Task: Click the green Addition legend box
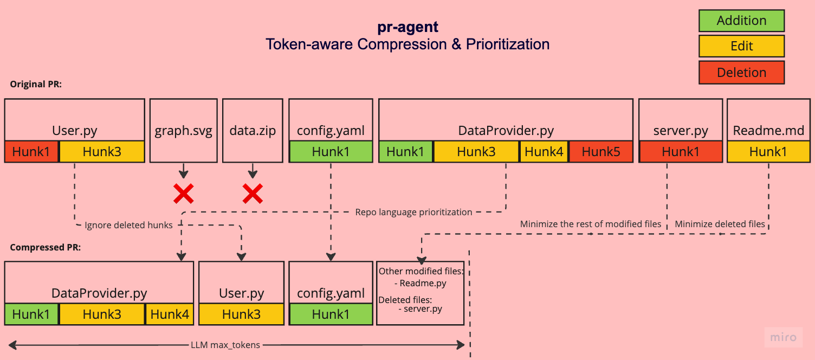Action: point(741,21)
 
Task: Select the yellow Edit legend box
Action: point(741,46)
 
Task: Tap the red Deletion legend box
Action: point(741,73)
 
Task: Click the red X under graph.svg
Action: point(183,194)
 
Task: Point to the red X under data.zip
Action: point(253,194)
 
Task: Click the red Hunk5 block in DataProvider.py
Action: point(601,151)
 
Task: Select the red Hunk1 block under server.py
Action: point(681,151)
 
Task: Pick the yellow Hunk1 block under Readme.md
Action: point(768,151)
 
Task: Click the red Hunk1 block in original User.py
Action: point(31,151)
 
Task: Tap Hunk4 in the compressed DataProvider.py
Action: point(170,314)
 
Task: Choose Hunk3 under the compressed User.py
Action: point(241,314)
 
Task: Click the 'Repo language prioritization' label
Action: point(413,212)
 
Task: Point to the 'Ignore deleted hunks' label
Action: point(128,226)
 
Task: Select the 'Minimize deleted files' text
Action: point(720,224)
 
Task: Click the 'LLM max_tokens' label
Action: point(225,345)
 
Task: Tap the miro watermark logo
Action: point(784,337)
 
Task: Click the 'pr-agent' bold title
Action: point(407,27)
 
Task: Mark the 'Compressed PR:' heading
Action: point(45,248)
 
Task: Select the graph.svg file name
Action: point(183,130)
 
